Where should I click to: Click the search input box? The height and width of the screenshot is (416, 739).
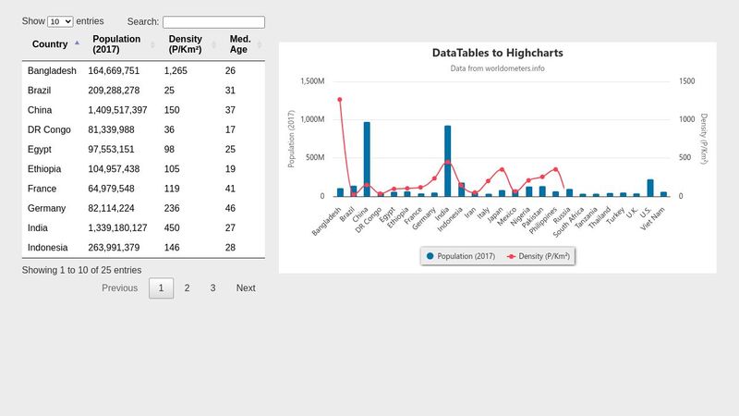(213, 22)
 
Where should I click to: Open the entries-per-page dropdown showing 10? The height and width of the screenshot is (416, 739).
(60, 21)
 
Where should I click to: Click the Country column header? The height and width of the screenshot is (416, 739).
(50, 44)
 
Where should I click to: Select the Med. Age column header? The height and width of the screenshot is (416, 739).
(240, 44)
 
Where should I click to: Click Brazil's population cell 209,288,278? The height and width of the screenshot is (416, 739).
(114, 91)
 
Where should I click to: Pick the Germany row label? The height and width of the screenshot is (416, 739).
(46, 209)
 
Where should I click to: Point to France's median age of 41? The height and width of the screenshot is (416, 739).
(230, 189)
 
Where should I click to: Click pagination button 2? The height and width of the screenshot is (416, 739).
(187, 288)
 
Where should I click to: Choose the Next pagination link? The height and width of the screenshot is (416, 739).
(246, 288)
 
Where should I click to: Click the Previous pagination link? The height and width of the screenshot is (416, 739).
(119, 288)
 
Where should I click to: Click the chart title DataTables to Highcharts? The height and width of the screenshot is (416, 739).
(497, 54)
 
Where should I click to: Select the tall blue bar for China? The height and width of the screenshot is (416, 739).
(367, 159)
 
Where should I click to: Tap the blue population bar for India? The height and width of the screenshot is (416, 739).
(448, 161)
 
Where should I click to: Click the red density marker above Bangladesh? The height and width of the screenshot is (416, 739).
(340, 100)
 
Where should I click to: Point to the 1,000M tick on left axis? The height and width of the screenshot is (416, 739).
(312, 119)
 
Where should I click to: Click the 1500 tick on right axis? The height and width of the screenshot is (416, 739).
(686, 81)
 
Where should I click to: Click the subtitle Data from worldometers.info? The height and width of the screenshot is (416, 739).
(497, 68)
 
